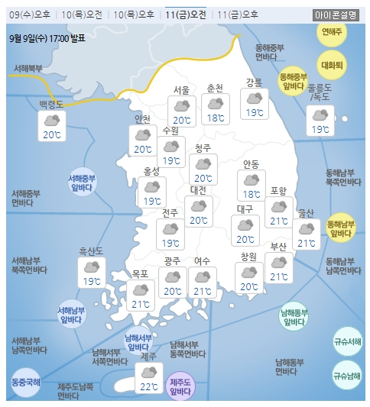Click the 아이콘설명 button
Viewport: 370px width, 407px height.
coord(338,15)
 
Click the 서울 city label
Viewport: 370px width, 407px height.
coord(181,89)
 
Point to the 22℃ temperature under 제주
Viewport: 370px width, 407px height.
coord(146,387)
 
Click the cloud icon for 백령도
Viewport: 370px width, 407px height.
coord(52,120)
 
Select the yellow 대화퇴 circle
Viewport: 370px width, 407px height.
coord(332,65)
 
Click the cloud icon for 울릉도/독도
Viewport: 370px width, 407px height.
coord(319,115)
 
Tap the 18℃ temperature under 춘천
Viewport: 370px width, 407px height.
coord(216,118)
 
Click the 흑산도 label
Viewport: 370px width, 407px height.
coord(91,250)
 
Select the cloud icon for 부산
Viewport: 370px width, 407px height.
coord(278,262)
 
